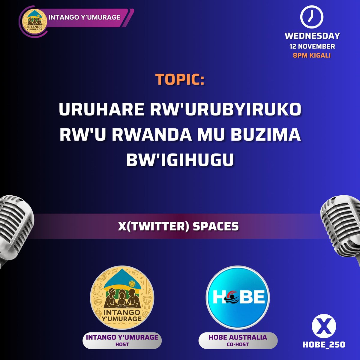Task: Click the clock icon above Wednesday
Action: pos(312,17)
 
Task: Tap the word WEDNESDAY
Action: pos(312,36)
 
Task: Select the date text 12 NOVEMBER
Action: pos(312,46)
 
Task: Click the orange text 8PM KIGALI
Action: pos(312,55)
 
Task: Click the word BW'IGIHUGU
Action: pos(180,160)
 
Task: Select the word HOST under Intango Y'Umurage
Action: pos(122,344)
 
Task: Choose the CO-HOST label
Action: pos(238,344)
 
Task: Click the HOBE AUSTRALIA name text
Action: pos(238,337)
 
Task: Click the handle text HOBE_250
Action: pos(324,345)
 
